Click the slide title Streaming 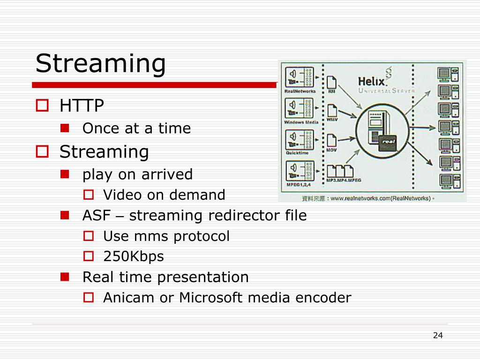(101, 63)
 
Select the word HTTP (82, 106)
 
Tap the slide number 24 (438, 335)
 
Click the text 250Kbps (134, 256)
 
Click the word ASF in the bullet (97, 216)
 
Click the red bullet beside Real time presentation (65, 277)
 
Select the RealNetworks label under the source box (300, 91)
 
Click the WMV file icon (332, 111)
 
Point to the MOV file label (332, 150)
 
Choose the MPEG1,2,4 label (300, 184)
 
